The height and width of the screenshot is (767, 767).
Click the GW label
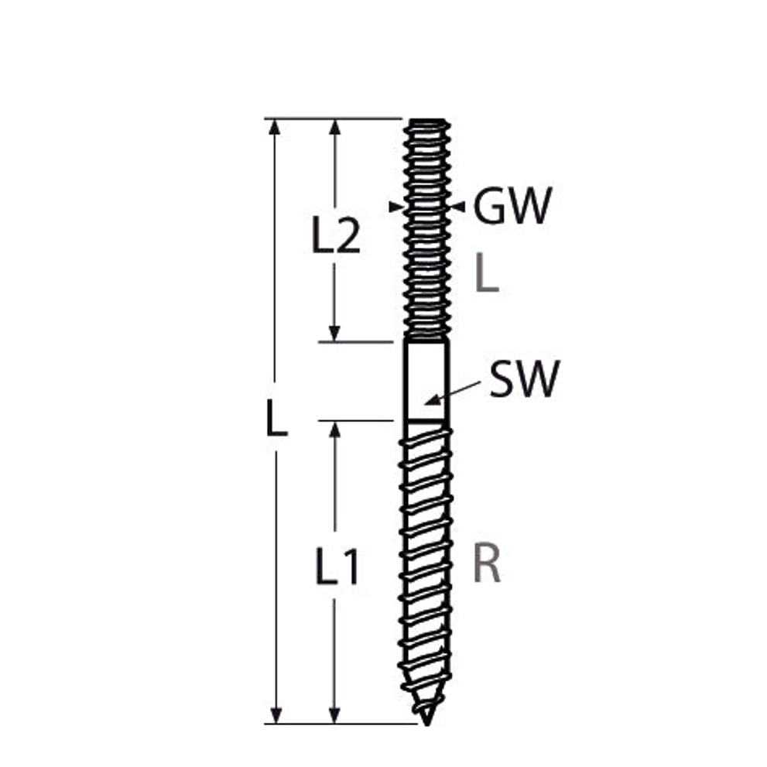(512, 206)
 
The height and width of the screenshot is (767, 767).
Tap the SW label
(524, 378)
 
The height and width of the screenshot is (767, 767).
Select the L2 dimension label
(336, 236)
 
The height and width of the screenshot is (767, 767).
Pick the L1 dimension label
(337, 567)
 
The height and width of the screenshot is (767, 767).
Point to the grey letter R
(487, 564)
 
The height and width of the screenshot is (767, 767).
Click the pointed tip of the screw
(427, 724)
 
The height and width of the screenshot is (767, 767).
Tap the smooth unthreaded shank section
(426, 380)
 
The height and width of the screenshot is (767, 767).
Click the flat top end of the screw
(427, 120)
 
